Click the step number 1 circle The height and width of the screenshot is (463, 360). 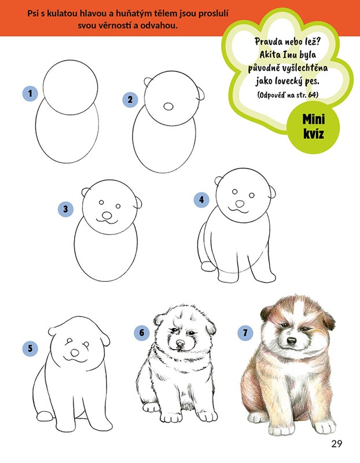point(30,94)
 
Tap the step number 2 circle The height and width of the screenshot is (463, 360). point(130,100)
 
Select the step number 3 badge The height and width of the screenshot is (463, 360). point(65,210)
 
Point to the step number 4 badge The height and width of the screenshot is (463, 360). point(201,200)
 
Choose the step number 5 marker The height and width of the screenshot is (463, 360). point(30,348)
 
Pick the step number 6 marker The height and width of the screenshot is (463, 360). point(142,333)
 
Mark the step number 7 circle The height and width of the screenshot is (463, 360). point(245,333)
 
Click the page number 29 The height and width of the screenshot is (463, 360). point(336,444)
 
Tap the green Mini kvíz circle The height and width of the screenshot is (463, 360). point(313,127)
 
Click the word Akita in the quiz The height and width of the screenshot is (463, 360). point(270,55)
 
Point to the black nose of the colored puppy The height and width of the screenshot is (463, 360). point(292,341)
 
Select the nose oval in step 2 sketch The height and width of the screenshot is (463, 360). point(168,106)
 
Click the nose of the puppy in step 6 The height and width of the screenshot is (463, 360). point(180,343)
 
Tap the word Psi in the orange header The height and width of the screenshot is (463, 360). point(33,13)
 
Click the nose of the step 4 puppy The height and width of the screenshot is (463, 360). point(240,204)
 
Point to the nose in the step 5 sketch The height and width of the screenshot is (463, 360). point(75,353)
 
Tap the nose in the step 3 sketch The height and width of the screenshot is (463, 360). point(107,216)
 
